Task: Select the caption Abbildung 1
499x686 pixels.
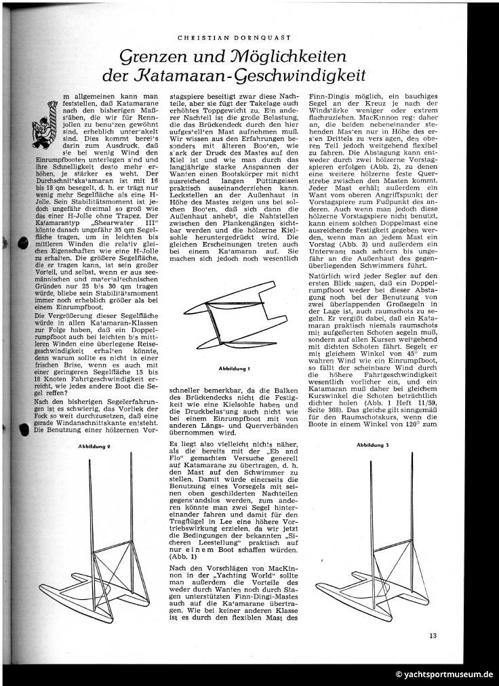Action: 235,368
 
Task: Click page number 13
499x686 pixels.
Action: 433,635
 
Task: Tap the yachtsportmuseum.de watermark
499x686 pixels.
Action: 444,674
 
